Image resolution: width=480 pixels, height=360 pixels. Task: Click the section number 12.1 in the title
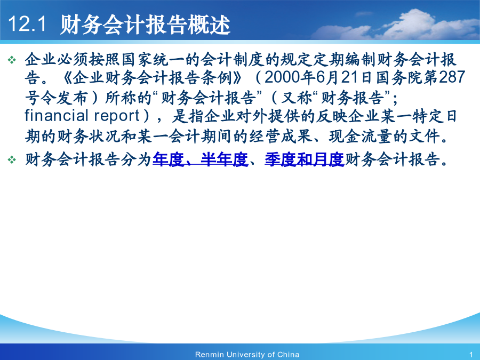point(27,23)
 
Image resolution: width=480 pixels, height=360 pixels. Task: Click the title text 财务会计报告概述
point(145,24)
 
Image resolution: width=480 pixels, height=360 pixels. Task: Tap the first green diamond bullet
point(12,60)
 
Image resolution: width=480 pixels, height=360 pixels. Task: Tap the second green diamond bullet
point(12,159)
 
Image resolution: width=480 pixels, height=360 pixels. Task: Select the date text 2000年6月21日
point(318,77)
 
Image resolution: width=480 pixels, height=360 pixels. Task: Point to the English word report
point(117,116)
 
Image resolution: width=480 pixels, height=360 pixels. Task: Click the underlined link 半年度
point(225,159)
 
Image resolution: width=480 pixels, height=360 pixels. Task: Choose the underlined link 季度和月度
point(305,159)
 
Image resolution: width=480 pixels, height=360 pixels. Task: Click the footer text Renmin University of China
point(247,355)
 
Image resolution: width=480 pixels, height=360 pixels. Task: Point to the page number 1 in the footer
point(471,355)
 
